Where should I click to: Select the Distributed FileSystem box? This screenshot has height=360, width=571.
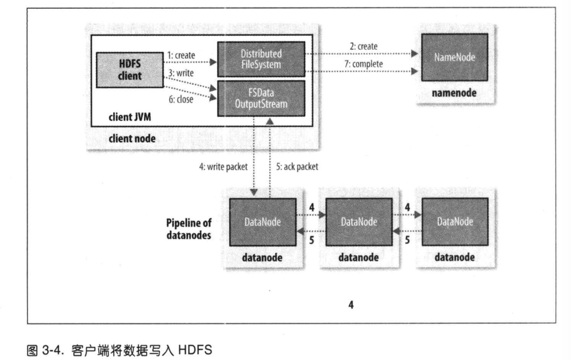coord(261,59)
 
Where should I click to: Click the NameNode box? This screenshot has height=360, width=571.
coord(454,58)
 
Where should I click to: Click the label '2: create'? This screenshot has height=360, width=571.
coord(363,47)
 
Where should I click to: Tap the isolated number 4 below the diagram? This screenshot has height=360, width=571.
coord(351,305)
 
